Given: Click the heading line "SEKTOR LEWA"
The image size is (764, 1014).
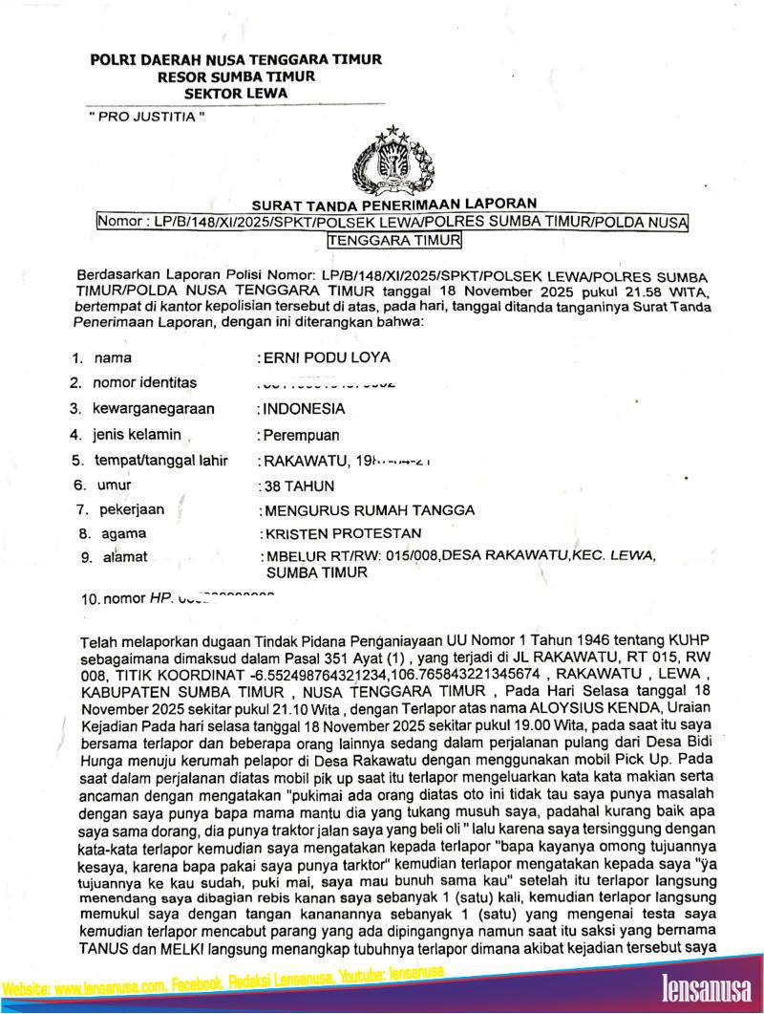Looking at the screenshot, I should pos(235,92).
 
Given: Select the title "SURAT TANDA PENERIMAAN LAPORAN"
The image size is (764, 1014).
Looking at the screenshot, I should pos(394,204).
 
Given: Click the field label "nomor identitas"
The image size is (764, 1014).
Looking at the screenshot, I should pos(144,382).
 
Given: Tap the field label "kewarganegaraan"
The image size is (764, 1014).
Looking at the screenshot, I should pos(154,408).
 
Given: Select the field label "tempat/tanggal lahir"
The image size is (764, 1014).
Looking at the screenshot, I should pos(160,460).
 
